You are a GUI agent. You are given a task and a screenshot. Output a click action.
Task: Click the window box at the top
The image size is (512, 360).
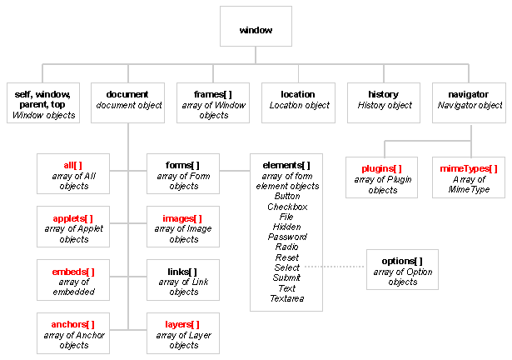tap(256, 26)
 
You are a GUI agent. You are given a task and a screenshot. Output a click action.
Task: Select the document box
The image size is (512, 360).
tap(127, 102)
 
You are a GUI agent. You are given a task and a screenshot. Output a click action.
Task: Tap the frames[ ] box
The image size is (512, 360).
tap(213, 102)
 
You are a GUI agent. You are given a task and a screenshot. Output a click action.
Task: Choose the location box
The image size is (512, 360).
tap(298, 102)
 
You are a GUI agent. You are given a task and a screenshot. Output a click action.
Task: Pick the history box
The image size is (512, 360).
tap(384, 102)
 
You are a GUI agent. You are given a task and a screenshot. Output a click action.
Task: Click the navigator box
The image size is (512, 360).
tap(469, 102)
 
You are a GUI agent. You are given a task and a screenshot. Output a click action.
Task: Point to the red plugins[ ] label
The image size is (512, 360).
tap(381, 168)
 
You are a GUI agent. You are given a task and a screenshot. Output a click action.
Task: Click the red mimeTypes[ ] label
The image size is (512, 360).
tap(469, 168)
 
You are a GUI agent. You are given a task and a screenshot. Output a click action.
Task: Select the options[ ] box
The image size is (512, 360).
tap(402, 270)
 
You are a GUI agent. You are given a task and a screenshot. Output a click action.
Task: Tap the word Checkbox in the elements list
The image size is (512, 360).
tap(287, 207)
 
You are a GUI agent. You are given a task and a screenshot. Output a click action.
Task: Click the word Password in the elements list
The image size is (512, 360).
tap(287, 237)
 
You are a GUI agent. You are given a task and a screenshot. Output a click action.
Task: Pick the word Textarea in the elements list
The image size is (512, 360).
tap(287, 298)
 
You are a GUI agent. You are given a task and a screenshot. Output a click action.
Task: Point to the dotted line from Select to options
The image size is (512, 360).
tap(334, 267)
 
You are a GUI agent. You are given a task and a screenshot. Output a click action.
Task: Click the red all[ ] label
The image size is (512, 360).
tap(72, 166)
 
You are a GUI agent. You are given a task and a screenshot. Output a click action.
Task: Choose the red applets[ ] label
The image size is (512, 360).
tap(72, 218)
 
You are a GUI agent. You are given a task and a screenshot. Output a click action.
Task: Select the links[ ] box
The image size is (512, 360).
tap(183, 280)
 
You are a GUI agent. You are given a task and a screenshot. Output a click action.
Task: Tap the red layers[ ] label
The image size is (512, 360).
tap(182, 324)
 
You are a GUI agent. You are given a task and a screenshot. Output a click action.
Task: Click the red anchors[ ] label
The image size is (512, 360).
tap(72, 324)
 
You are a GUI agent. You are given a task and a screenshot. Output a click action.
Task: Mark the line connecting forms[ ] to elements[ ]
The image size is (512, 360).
tap(235, 171)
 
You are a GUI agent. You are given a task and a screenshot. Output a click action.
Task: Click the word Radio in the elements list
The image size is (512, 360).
tap(287, 247)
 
